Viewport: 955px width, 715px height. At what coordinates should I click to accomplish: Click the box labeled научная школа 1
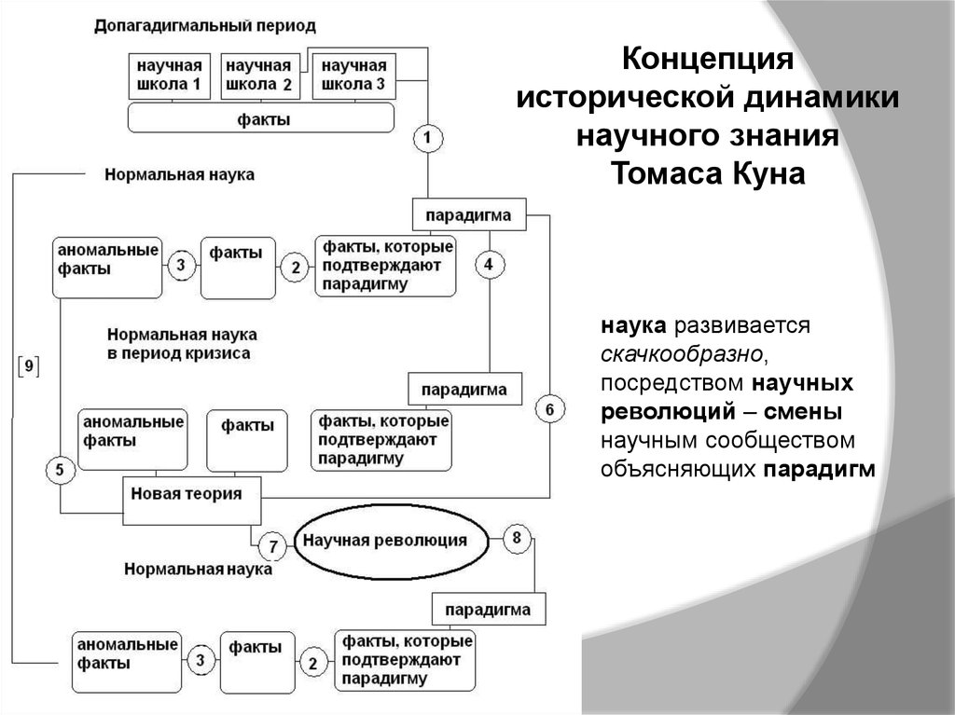[170, 76]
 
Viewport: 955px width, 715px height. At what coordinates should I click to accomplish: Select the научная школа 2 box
[259, 76]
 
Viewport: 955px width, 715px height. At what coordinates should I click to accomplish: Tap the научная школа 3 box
[353, 76]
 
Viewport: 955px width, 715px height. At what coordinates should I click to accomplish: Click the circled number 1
[427, 138]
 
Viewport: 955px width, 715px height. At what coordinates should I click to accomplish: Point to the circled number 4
[489, 265]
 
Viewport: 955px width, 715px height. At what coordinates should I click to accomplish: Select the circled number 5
[60, 470]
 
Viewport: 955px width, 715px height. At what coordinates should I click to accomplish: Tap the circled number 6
[549, 408]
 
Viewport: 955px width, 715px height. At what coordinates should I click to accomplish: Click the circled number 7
[273, 546]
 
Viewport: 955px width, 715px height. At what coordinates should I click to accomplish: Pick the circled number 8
[517, 538]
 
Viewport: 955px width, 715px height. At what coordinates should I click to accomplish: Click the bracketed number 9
[29, 366]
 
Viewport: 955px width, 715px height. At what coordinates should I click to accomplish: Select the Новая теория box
[192, 501]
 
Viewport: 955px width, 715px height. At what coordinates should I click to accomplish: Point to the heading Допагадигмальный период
[205, 26]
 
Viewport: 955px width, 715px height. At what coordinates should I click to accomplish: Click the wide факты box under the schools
[261, 117]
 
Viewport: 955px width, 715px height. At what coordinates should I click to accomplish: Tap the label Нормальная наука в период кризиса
[182, 343]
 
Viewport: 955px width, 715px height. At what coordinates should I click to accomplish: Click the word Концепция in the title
[708, 59]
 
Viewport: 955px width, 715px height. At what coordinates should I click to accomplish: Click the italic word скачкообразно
[681, 354]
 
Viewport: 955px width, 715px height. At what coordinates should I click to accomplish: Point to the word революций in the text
[668, 412]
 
